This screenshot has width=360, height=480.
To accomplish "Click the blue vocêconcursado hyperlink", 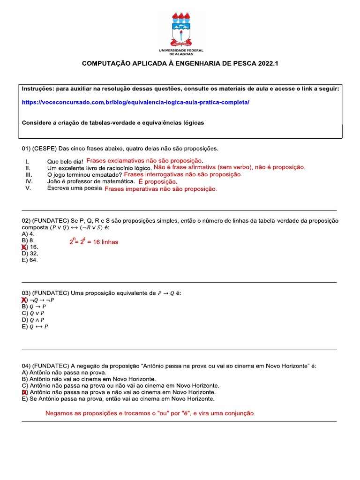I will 135,102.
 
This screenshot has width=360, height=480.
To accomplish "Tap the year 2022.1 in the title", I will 268,63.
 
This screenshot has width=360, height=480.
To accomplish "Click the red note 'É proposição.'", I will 158,181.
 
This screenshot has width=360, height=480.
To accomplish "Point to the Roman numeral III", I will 28,174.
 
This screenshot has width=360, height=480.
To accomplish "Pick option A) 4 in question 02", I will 28,233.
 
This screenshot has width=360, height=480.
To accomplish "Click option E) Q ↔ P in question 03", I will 35,327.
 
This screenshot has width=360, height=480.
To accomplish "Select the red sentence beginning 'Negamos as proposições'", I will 150,414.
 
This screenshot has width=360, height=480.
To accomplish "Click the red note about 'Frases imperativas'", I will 161,189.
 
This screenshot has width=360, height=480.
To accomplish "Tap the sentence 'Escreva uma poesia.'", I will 75,188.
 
